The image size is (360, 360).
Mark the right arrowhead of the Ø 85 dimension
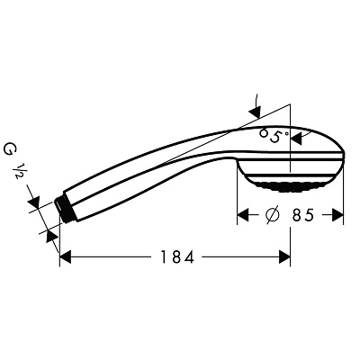click(339, 216)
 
